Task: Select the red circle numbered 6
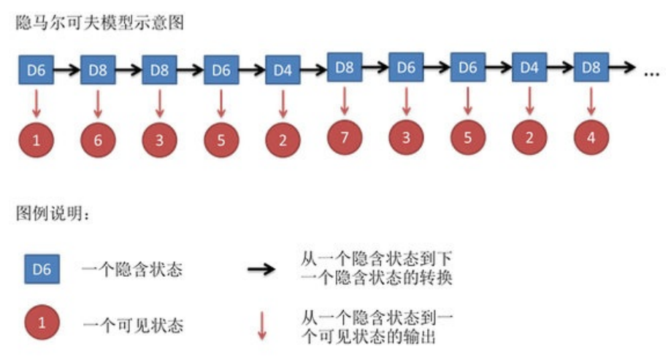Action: (98, 141)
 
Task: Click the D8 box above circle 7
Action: (345, 67)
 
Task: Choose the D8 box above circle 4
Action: (591, 67)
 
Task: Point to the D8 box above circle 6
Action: (98, 71)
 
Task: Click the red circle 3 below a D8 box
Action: (160, 141)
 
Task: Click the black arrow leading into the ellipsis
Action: (622, 67)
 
